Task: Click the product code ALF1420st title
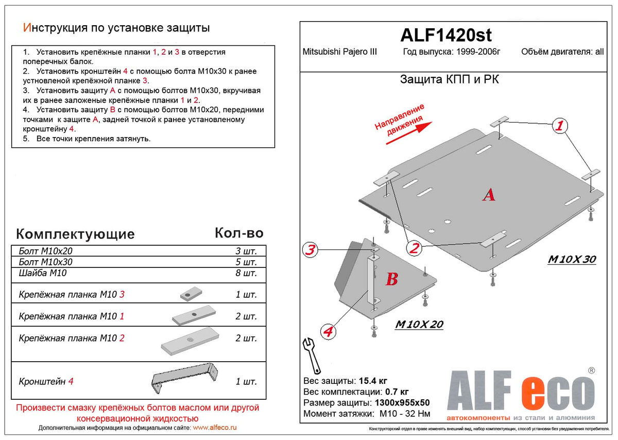click(446, 35)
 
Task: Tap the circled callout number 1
click(560, 125)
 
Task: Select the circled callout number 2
click(414, 248)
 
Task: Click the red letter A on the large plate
click(488, 195)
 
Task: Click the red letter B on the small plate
click(391, 280)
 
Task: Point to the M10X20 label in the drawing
click(419, 325)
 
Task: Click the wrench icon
click(312, 354)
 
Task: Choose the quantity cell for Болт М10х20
click(246, 251)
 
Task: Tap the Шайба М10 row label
click(42, 273)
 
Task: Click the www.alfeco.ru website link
click(215, 428)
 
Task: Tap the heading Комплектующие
click(75, 234)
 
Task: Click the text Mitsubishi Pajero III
click(339, 52)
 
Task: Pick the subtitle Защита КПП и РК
click(449, 80)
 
